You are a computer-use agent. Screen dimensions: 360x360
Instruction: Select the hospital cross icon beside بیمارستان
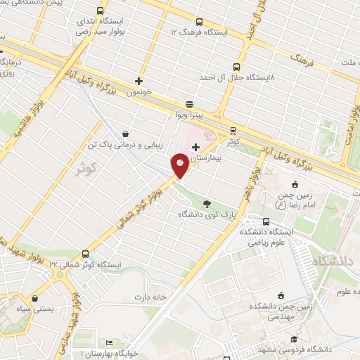click(x=195, y=147)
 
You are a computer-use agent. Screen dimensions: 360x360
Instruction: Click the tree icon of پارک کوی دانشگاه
click(x=206, y=202)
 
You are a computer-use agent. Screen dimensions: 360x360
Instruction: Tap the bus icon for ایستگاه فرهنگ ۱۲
click(x=198, y=22)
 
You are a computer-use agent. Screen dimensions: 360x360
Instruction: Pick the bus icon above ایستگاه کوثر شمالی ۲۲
click(x=86, y=253)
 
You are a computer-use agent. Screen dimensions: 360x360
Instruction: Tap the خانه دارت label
click(x=152, y=296)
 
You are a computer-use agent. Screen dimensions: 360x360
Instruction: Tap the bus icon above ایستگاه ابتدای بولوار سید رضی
click(x=101, y=11)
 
